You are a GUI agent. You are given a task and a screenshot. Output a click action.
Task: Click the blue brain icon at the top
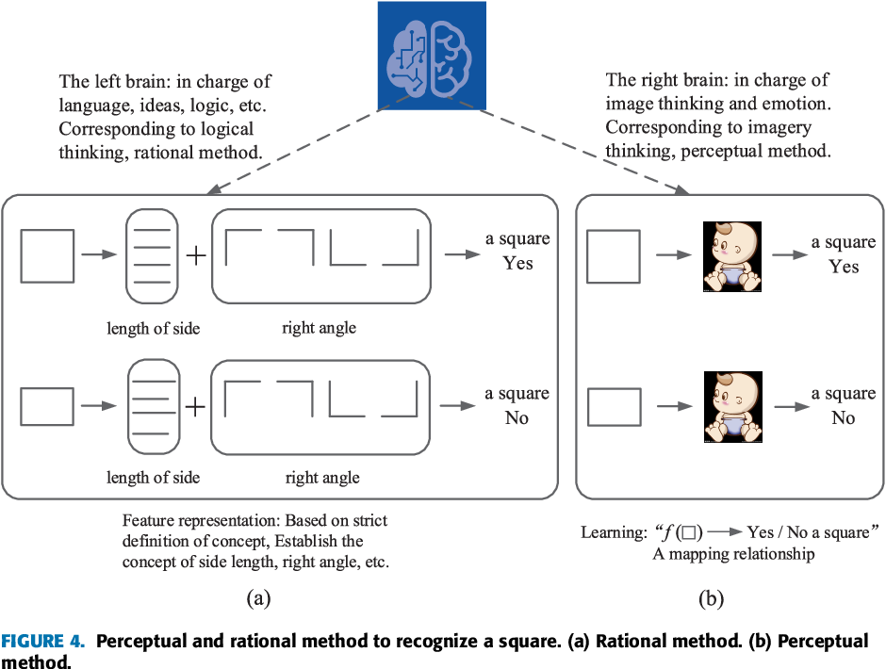pyautogui.click(x=432, y=54)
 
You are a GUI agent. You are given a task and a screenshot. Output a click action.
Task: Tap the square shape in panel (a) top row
pyautogui.click(x=47, y=254)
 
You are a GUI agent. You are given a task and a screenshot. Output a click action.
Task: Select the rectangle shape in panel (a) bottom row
pyautogui.click(x=47, y=407)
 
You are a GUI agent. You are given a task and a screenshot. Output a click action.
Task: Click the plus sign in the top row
pyautogui.click(x=195, y=254)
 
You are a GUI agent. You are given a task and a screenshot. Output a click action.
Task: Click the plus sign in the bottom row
pyautogui.click(x=195, y=407)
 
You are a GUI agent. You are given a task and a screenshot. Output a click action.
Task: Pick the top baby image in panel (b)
pyautogui.click(x=733, y=255)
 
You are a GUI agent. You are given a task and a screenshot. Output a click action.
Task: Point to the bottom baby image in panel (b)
pyautogui.click(x=733, y=407)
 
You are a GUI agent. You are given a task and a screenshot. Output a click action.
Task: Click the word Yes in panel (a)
pyautogui.click(x=517, y=264)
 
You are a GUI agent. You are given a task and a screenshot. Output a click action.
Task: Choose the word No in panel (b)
pyautogui.click(x=843, y=416)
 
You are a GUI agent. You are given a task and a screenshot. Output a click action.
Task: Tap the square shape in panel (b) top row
pyautogui.click(x=614, y=255)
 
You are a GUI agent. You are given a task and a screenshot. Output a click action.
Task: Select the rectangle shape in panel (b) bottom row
pyautogui.click(x=614, y=407)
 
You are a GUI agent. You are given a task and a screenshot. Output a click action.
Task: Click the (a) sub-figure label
pyautogui.click(x=258, y=597)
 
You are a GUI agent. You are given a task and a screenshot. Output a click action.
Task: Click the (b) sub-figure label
pyautogui.click(x=712, y=597)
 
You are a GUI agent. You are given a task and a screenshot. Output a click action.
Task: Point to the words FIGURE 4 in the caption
pyautogui.click(x=44, y=642)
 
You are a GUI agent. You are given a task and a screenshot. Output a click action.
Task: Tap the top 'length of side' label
pyautogui.click(x=153, y=328)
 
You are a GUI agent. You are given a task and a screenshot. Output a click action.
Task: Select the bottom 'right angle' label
pyautogui.click(x=322, y=478)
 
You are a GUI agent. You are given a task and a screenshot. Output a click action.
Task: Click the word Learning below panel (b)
pyautogui.click(x=610, y=533)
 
